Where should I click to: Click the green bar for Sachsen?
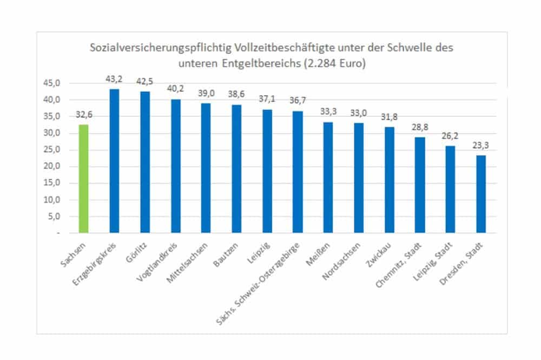point(84,179)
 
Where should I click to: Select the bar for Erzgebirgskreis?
point(114,161)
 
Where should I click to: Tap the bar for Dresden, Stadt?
point(481,194)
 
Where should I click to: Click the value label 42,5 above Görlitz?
point(144,82)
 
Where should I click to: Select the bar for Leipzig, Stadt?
point(451,189)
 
